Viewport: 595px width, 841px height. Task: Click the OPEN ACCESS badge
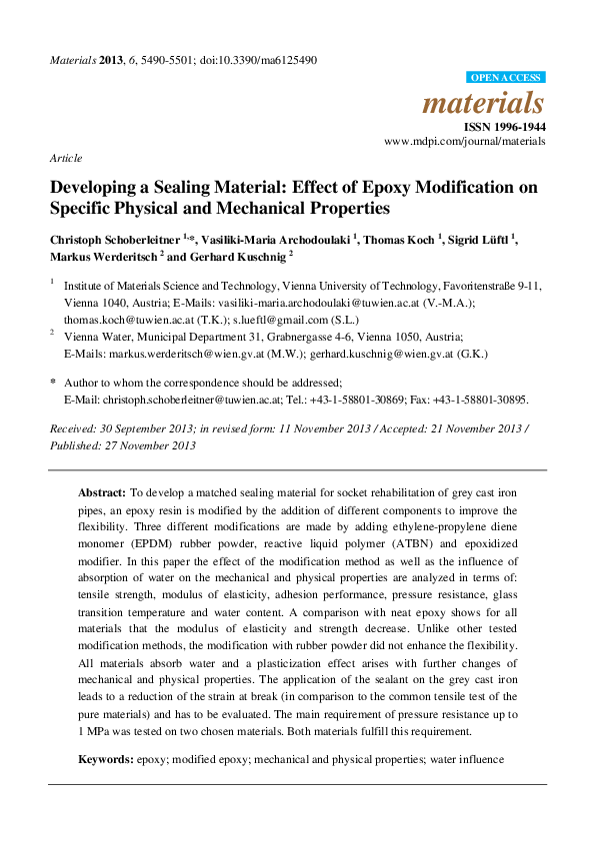[x=506, y=77]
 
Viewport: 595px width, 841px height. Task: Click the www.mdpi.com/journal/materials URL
[x=465, y=143]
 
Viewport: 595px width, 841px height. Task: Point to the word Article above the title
[x=65, y=158]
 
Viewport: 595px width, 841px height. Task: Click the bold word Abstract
[x=102, y=493]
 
